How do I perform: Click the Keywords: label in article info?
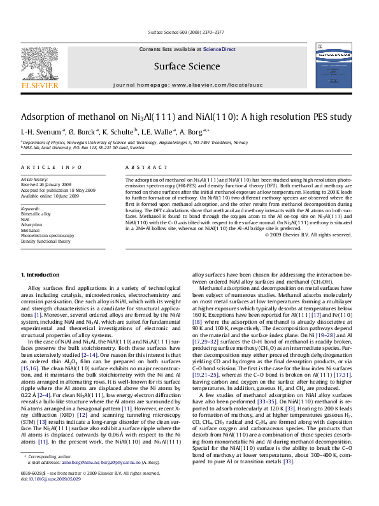click(x=32, y=208)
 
